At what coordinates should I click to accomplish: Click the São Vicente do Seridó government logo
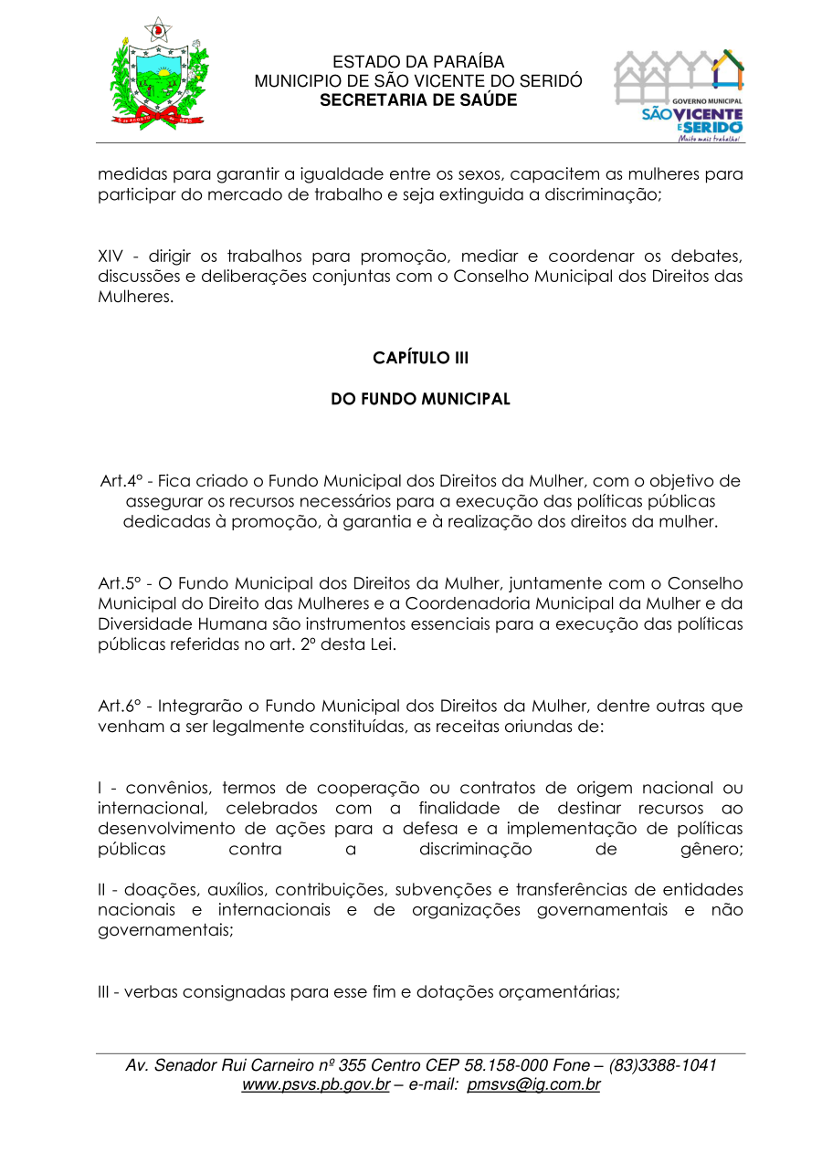[679, 95]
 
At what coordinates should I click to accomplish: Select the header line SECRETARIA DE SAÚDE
[418, 99]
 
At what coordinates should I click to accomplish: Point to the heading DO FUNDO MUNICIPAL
[420, 399]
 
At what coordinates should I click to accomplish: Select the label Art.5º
[117, 583]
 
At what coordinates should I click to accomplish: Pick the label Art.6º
[117, 707]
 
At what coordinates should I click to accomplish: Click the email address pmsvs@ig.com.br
[533, 1085]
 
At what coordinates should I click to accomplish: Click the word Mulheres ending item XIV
[135, 297]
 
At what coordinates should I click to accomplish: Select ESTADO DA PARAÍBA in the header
[418, 63]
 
